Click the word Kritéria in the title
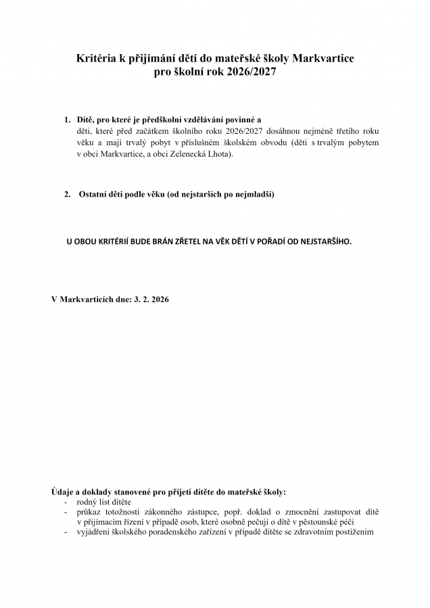tap(99, 59)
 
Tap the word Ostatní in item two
tap(94, 194)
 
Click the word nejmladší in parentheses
tap(254, 194)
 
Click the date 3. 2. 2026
tap(149, 297)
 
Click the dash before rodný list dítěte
tap(66, 502)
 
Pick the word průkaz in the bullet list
tap(91, 512)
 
